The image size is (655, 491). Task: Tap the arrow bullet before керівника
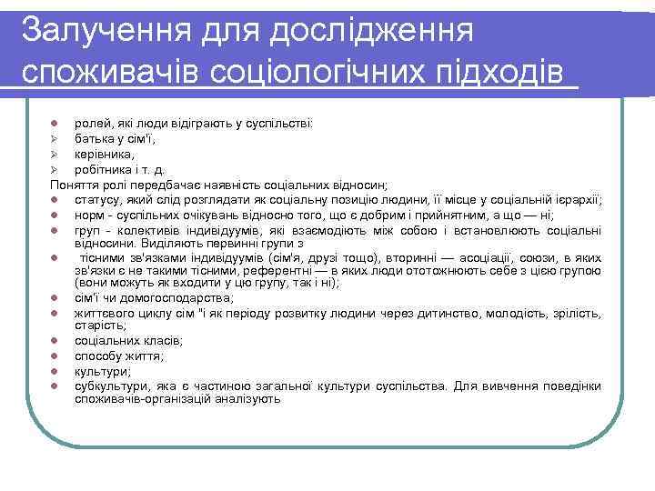point(55,155)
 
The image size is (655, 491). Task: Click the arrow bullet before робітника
point(55,169)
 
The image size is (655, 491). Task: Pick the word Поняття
point(71,184)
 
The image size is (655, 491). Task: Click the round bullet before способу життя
point(55,356)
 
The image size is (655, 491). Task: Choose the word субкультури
point(109,386)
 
